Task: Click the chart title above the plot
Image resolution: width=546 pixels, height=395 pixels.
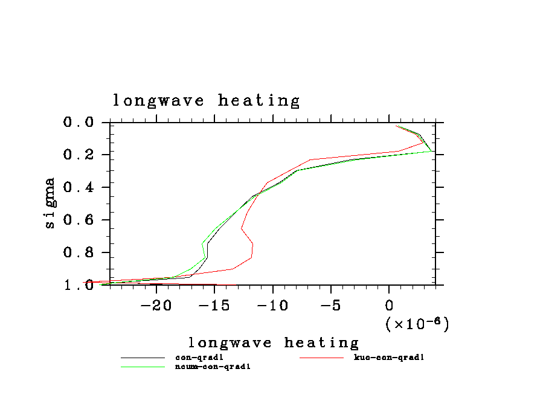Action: (206, 101)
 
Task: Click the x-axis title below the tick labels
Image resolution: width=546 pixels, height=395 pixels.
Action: (274, 343)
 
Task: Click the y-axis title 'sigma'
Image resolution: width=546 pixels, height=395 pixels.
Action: (50, 202)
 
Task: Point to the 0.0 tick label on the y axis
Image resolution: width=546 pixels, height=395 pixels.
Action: (79, 123)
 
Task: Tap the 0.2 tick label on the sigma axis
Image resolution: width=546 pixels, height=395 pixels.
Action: (79, 155)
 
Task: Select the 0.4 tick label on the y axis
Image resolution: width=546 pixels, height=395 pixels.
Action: (79, 188)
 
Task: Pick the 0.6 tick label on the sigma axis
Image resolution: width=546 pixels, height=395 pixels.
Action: (79, 220)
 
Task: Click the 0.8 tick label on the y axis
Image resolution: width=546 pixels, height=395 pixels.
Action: (79, 253)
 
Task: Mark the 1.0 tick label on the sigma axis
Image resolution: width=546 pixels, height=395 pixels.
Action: (79, 285)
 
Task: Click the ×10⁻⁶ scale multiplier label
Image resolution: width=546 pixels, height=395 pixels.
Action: (417, 324)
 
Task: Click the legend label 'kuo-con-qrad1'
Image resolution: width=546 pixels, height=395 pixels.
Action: (388, 358)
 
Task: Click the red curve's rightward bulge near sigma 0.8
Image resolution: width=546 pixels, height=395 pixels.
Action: (252, 245)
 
